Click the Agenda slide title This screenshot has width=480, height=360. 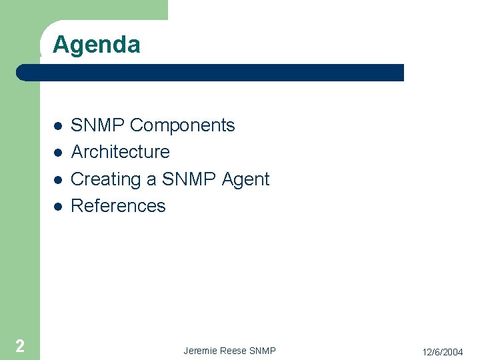(x=96, y=45)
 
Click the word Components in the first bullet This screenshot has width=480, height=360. (x=182, y=125)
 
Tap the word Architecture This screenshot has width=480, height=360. (x=120, y=152)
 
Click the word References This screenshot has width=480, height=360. (x=118, y=206)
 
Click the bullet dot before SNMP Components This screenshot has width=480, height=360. (x=58, y=126)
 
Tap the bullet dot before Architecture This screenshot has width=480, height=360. (x=58, y=153)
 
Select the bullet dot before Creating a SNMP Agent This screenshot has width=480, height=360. (x=58, y=180)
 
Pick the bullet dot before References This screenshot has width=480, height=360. (x=58, y=207)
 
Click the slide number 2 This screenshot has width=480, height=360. (x=20, y=345)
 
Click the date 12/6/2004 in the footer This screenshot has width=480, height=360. (x=442, y=351)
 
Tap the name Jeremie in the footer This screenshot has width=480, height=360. (x=199, y=351)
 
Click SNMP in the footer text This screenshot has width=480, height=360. (x=262, y=351)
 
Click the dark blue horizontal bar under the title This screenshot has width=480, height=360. (x=213, y=73)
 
